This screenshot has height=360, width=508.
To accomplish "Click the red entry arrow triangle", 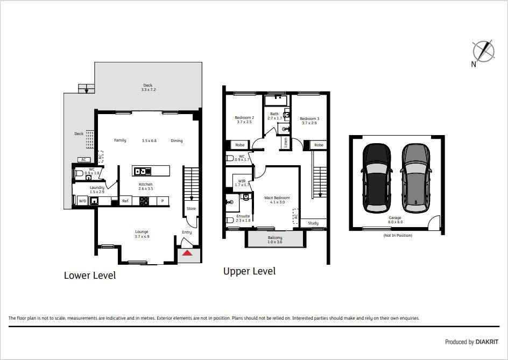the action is pyautogui.click(x=187, y=253).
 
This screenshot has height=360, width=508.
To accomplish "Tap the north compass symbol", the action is pyautogui.click(x=483, y=51).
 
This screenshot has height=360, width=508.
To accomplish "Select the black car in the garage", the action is pyautogui.click(x=377, y=178).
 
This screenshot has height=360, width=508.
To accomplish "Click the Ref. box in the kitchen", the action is pyautogui.click(x=126, y=201).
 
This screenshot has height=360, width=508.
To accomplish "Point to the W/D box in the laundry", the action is pyautogui.click(x=83, y=201).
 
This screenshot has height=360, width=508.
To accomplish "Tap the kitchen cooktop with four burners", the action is pyautogui.click(x=144, y=201).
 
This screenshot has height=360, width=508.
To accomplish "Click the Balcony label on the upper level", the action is pyautogui.click(x=275, y=237).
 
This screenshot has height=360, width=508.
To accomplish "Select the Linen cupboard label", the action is pyautogui.click(x=285, y=143).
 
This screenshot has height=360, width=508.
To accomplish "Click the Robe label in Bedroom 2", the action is pyautogui.click(x=240, y=145).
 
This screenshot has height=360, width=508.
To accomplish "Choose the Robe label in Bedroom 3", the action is pyautogui.click(x=319, y=145).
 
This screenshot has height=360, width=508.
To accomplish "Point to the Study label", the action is pyautogui.click(x=313, y=223).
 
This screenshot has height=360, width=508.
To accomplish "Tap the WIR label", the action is pyautogui.click(x=242, y=181).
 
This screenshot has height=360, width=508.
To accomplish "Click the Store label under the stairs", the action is pyautogui.click(x=191, y=208).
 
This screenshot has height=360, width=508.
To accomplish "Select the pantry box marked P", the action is pyautogui.click(x=163, y=201).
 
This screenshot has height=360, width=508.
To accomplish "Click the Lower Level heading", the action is pyautogui.click(x=90, y=276).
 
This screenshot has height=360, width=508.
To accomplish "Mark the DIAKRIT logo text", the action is pyautogui.click(x=486, y=342).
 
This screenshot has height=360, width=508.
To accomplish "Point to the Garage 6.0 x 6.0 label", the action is pyautogui.click(x=395, y=220).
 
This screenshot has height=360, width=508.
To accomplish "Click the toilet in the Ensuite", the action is pyautogui.click(x=230, y=220).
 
